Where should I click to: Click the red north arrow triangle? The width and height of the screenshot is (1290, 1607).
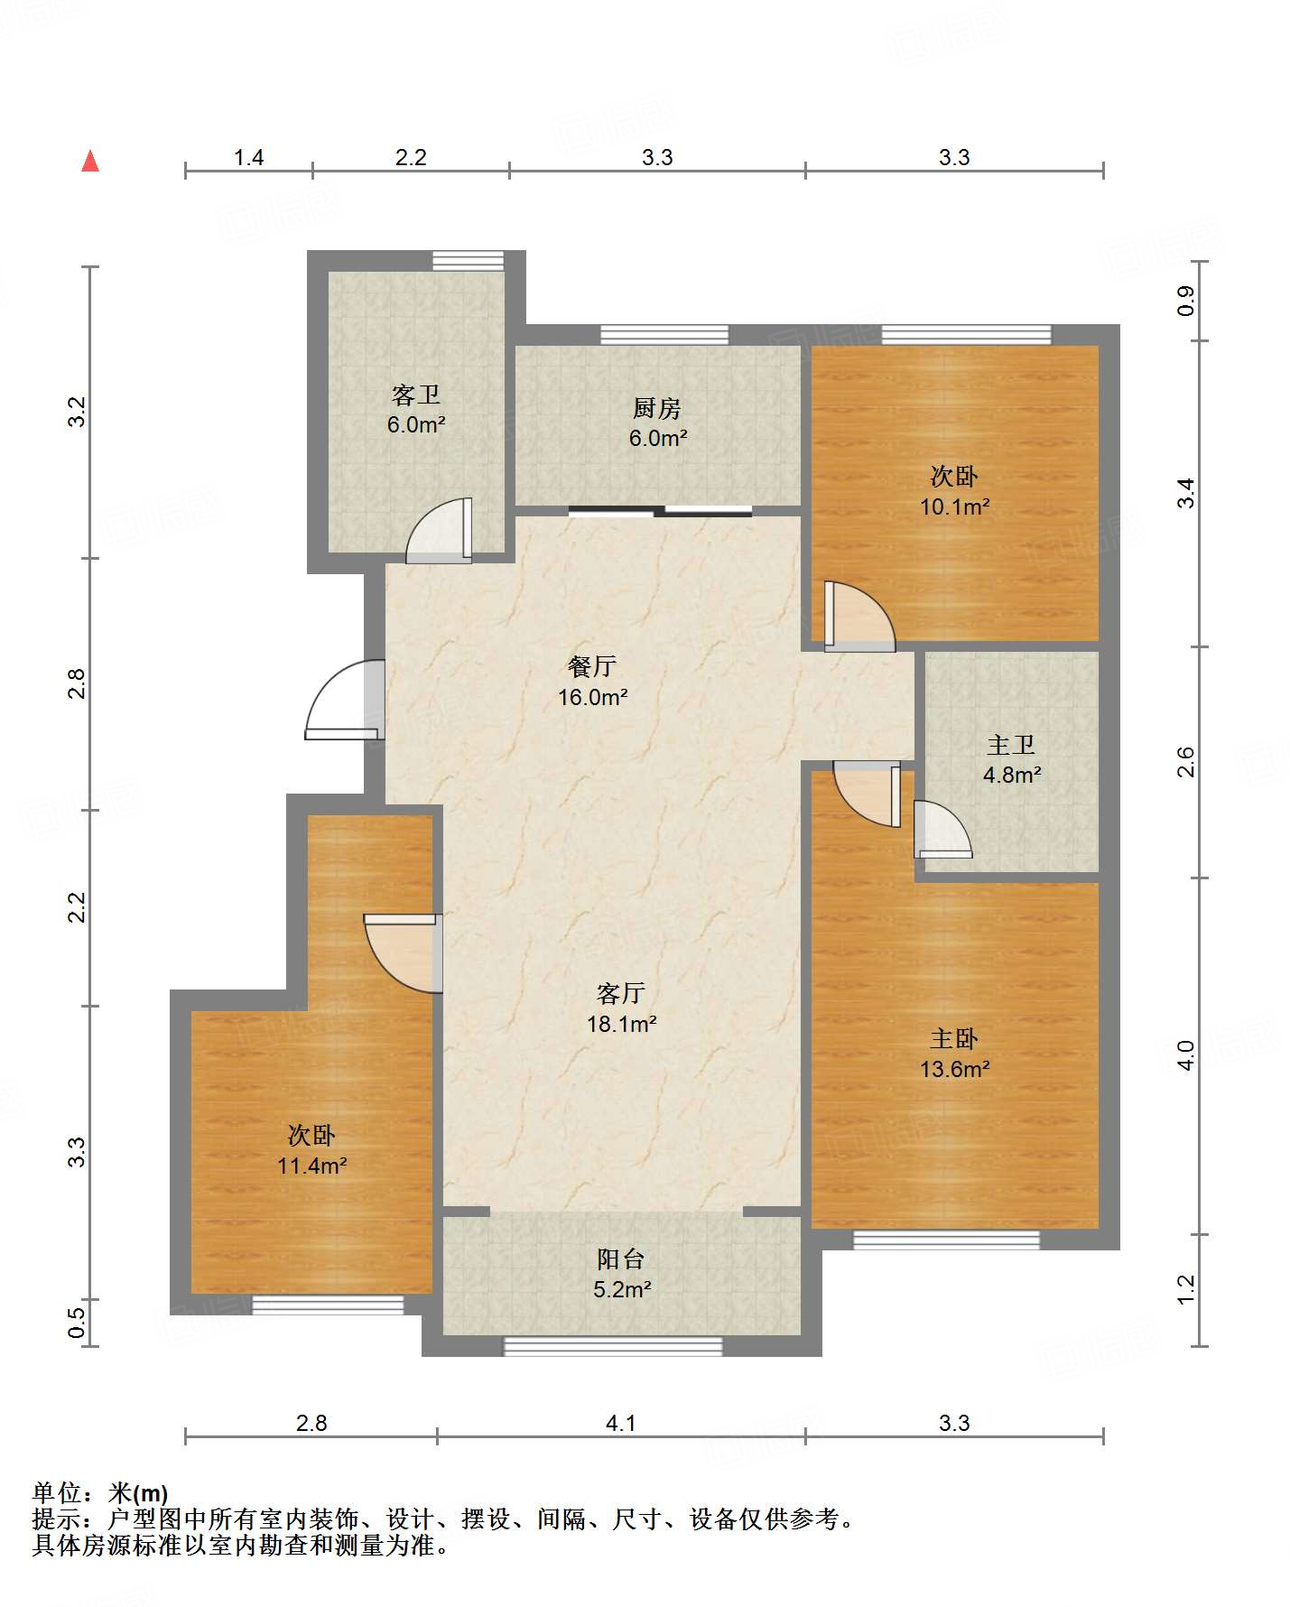pos(90,162)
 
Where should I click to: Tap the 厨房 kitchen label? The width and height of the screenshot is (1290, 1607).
pos(656,409)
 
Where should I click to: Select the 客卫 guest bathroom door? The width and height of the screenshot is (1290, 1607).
pos(440,534)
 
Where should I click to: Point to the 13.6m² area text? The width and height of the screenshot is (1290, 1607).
pos(954,1070)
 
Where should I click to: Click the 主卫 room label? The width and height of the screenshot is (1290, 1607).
pos(1010,745)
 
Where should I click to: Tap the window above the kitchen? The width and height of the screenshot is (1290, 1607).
pos(664,334)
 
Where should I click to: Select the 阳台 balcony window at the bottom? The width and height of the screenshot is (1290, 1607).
pos(613,1346)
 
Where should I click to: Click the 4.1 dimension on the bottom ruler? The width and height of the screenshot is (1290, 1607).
pos(620,1424)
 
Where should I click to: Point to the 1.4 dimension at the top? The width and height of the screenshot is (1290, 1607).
pos(248,158)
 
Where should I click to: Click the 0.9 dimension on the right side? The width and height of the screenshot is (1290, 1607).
pos(1186,301)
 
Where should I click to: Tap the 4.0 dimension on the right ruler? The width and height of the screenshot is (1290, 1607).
pos(1186,1055)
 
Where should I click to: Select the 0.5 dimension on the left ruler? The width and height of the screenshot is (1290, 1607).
pos(77,1324)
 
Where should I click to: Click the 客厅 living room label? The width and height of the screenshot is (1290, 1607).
pos(620,993)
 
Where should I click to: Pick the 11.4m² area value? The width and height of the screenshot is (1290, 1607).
pos(311,1166)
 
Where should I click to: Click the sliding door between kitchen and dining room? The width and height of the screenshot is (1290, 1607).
pos(661,512)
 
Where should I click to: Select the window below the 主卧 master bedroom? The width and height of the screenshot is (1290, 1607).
pos(946,1240)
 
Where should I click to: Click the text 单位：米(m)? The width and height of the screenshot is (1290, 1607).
pos(100,1494)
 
